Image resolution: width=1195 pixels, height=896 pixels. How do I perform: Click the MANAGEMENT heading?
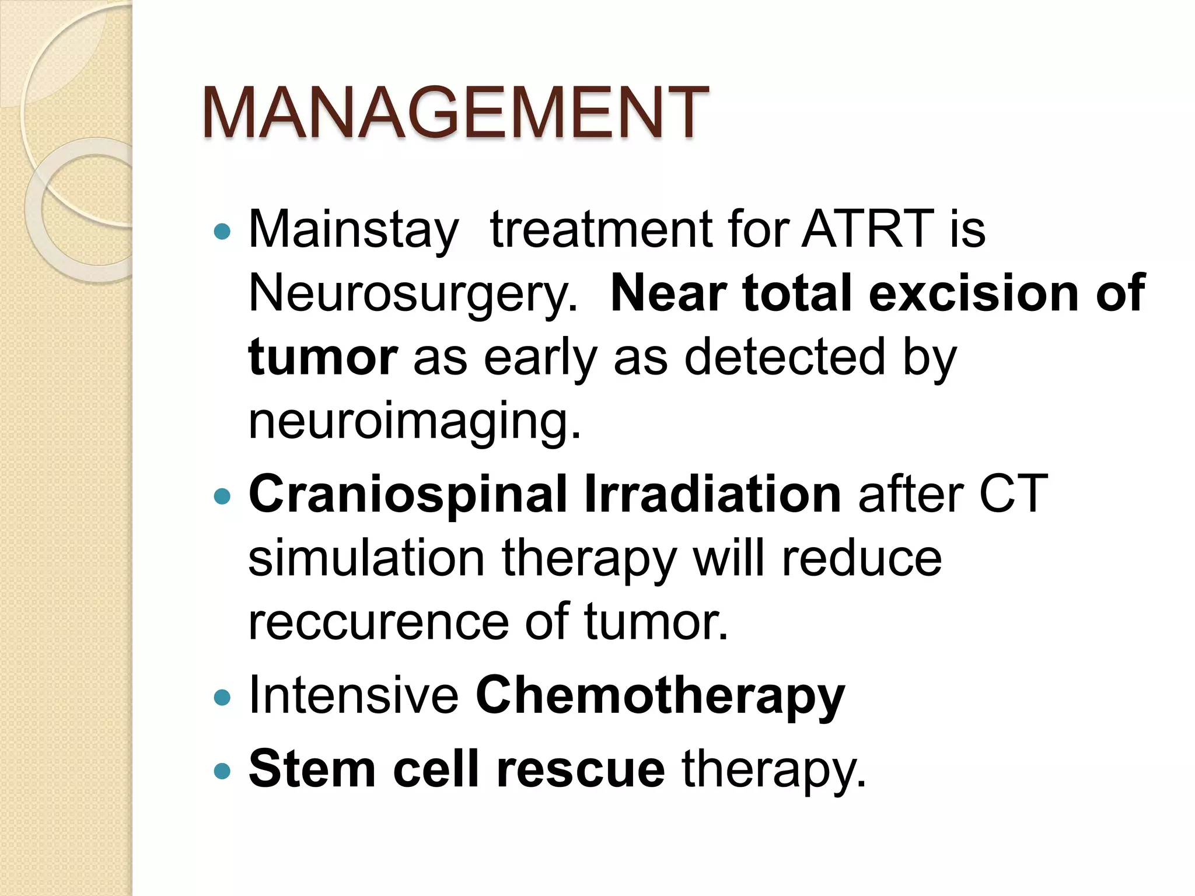(x=455, y=113)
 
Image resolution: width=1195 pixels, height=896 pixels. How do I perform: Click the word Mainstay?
(x=354, y=229)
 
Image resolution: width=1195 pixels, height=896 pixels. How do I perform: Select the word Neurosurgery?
(x=412, y=293)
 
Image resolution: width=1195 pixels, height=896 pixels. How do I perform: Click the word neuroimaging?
(x=414, y=422)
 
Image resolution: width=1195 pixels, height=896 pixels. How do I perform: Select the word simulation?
(x=366, y=558)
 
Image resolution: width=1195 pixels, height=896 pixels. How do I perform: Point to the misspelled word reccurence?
(x=378, y=622)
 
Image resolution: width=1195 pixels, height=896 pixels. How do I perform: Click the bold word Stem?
(x=312, y=768)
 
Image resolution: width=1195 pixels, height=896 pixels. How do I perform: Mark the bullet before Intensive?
(x=222, y=697)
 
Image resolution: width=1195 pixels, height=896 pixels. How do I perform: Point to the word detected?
(x=785, y=356)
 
